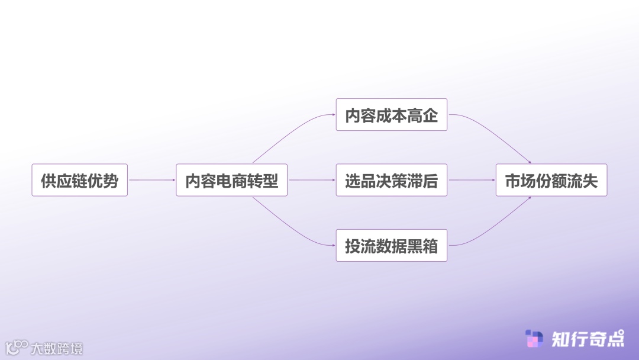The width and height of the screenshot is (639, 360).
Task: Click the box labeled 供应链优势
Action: pos(79,180)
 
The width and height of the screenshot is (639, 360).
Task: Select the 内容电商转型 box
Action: pos(231,180)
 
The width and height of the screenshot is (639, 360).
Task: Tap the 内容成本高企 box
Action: pos(391,115)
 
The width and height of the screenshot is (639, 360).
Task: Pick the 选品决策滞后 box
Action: pos(391,180)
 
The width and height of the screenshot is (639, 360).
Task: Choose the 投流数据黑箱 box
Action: pos(391,245)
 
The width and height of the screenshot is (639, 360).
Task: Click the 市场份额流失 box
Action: pos(551,180)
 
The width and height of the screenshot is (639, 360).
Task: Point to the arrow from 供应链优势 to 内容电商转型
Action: pos(151,180)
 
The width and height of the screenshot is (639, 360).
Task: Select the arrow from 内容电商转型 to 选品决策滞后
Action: pos(311,180)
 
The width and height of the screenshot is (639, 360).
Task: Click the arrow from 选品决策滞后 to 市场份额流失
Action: pos(471,180)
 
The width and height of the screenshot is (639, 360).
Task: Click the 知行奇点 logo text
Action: pos(587,339)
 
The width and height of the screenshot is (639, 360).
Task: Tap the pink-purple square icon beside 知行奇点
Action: pos(534,339)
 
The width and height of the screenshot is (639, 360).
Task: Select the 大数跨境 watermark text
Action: pos(57,348)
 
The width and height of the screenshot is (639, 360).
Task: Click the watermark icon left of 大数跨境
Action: pos(17,348)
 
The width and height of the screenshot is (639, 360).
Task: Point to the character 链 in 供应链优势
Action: pos(79,181)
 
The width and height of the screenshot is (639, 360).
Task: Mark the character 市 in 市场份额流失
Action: pos(512,181)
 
